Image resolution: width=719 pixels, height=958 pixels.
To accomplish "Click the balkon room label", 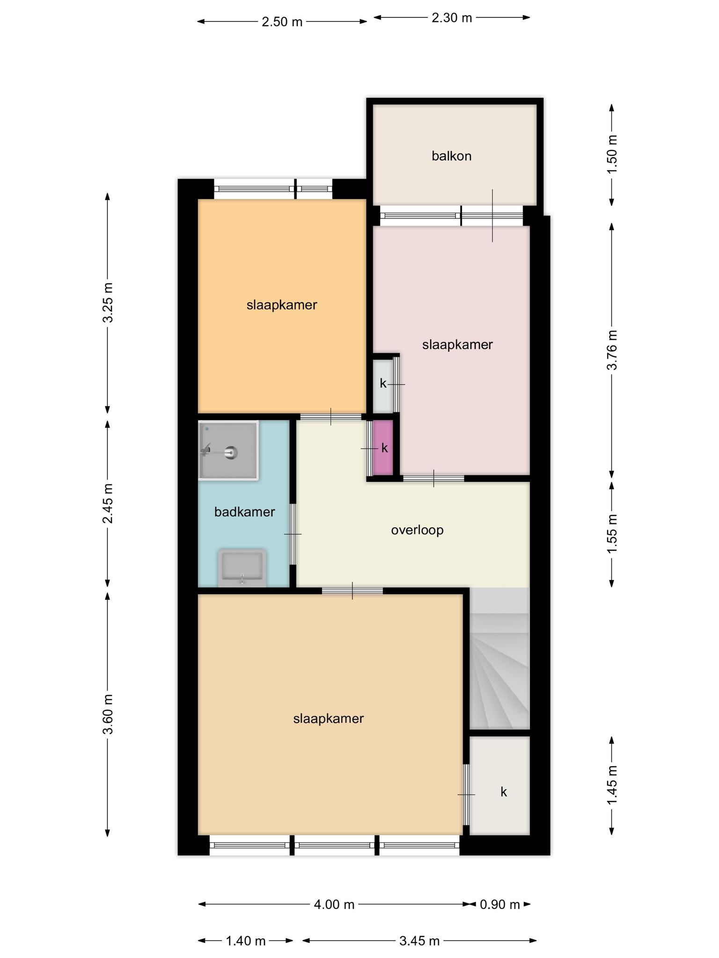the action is pyautogui.click(x=451, y=156).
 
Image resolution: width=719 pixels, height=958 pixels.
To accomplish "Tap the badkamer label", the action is pyautogui.click(x=244, y=512).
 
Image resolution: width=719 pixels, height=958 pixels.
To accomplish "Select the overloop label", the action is pyautogui.click(x=417, y=530).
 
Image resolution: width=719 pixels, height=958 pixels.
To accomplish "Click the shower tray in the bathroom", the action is pyautogui.click(x=228, y=450).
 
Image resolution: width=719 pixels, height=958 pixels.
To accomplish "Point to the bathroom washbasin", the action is pyautogui.click(x=242, y=568).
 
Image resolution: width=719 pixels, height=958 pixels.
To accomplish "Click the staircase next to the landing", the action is pyautogui.click(x=499, y=658).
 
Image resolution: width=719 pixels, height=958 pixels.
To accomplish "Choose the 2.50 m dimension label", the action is pyautogui.click(x=282, y=22).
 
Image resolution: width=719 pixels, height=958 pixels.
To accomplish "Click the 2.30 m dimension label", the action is pyautogui.click(x=452, y=18).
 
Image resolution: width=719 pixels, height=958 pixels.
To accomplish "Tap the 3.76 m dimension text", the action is pyautogui.click(x=612, y=350).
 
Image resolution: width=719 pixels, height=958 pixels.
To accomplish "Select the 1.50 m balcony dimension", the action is pyautogui.click(x=612, y=154).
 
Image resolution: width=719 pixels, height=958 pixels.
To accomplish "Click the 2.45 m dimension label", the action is pyautogui.click(x=108, y=504).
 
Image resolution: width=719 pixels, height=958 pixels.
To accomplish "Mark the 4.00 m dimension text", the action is pyautogui.click(x=334, y=904).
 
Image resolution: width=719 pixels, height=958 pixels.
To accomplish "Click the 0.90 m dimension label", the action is pyautogui.click(x=500, y=904).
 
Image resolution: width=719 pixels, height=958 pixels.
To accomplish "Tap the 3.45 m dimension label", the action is pyautogui.click(x=419, y=941).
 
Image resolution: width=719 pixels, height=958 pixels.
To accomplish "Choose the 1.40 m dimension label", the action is pyautogui.click(x=246, y=941).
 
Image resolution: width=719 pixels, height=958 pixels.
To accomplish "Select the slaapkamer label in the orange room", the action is pyautogui.click(x=282, y=305).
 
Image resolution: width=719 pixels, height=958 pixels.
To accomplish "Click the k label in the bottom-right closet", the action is pyautogui.click(x=504, y=791).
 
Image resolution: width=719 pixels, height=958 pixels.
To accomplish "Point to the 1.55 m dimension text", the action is pyautogui.click(x=612, y=534).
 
